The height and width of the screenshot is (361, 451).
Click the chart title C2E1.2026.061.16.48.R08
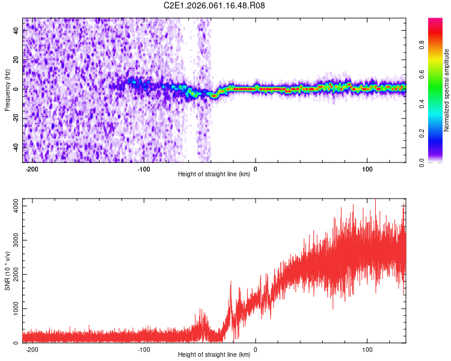click(215, 5)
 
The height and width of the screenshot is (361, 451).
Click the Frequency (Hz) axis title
click(7, 90)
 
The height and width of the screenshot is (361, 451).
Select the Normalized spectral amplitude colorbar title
click(447, 90)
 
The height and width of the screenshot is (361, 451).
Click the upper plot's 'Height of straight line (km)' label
click(214, 174)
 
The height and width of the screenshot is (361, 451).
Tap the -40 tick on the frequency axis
click(14, 146)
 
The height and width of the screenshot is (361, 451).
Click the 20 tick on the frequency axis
click(16, 60)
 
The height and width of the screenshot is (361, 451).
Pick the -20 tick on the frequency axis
click(14, 117)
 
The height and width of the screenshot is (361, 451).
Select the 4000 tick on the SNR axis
click(11, 206)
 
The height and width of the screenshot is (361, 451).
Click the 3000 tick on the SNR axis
click(11, 240)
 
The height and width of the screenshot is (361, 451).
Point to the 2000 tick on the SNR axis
click(11, 274)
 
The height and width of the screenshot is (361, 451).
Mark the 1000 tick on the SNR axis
click(11, 309)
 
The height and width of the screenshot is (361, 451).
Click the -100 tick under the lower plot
click(144, 349)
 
